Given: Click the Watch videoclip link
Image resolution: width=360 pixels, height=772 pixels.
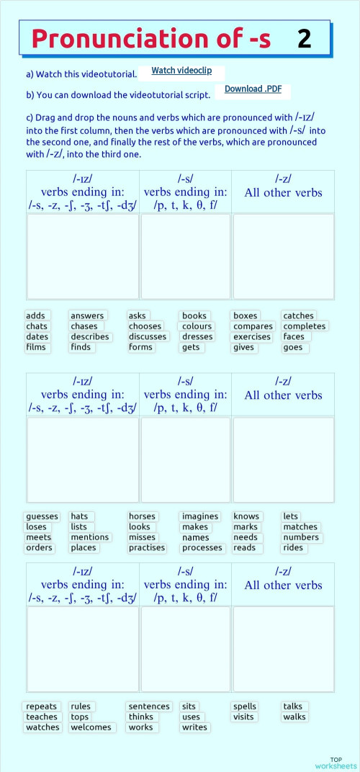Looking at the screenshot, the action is [181, 71].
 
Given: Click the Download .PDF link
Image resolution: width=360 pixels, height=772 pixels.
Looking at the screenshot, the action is [253, 89].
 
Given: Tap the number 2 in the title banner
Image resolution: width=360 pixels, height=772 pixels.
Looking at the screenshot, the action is [304, 39].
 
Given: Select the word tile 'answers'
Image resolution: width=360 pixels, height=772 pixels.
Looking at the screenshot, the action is [87, 315].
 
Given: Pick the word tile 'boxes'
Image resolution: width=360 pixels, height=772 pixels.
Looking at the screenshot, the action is [246, 315].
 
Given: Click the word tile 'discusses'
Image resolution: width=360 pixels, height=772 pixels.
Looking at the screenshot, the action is [148, 336].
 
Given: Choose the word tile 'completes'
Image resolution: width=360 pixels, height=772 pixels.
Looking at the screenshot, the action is [304, 326].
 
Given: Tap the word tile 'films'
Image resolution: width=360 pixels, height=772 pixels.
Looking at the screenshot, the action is [36, 347].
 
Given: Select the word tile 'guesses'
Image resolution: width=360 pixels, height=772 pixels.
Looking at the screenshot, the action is [42, 516].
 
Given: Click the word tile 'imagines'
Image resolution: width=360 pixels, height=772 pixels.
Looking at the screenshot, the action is [200, 516].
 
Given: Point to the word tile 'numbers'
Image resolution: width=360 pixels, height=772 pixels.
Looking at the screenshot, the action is [301, 537].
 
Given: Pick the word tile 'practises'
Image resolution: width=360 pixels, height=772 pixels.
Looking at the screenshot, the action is [147, 548].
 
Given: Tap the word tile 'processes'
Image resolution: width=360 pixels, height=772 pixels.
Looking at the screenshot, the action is [202, 548].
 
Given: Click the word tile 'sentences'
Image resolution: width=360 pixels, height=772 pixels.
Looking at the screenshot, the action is [149, 706].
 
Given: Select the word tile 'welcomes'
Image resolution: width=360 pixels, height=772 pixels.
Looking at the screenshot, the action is [91, 727].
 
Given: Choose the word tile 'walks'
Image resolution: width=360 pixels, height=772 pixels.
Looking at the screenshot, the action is [294, 717].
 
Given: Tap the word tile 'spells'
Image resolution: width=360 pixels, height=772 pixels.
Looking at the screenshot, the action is [245, 706].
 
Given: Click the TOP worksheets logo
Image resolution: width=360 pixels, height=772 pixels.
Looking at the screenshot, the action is [336, 763].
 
